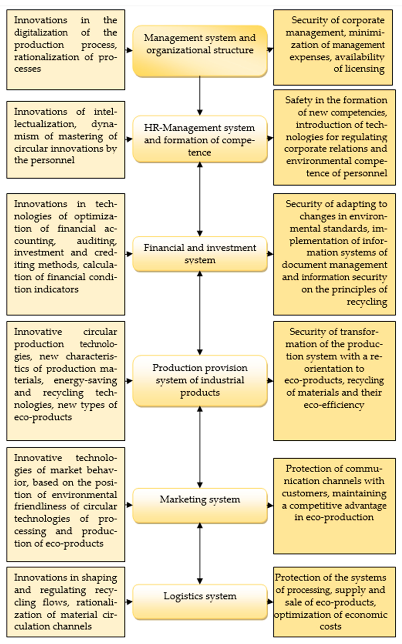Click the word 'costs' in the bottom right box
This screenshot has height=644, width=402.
tap(330, 626)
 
